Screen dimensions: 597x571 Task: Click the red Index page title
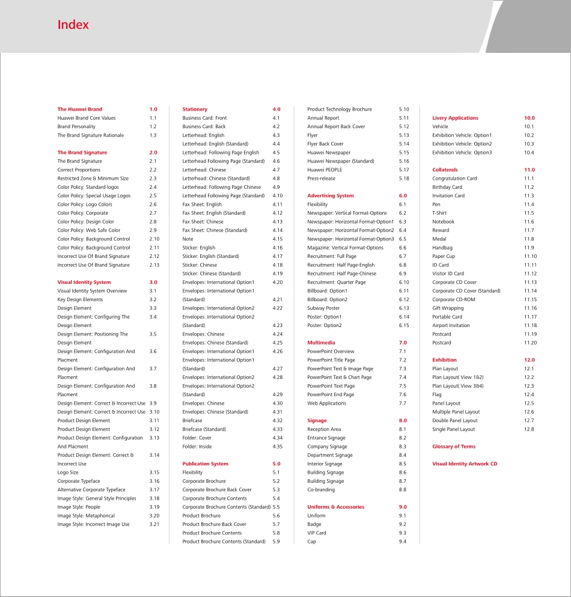[73, 25]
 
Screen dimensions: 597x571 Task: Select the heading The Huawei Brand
[80, 109]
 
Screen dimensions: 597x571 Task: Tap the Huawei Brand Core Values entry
[87, 118]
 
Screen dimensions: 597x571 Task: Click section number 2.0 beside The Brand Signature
[153, 153]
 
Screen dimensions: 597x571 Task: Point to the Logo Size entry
[68, 473]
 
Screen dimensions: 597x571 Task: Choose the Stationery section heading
[195, 109]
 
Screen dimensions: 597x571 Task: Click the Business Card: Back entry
[204, 127]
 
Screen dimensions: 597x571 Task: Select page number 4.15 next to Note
[278, 239]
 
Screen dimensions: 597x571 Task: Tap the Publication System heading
[205, 464]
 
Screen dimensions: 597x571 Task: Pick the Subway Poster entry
[323, 308]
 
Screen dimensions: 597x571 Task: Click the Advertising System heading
[330, 196]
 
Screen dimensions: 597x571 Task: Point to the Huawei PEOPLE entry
[325, 170]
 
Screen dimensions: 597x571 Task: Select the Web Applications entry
[326, 403]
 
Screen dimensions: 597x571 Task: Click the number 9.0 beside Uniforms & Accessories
[403, 507]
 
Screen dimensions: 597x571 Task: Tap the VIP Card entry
[317, 533]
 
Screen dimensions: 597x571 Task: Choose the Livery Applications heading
[455, 118]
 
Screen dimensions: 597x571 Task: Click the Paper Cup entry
[444, 257]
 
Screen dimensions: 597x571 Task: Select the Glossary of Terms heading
[454, 447]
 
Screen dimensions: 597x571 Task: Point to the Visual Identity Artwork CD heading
[465, 464]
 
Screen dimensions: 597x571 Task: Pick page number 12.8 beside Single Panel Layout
[529, 429]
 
